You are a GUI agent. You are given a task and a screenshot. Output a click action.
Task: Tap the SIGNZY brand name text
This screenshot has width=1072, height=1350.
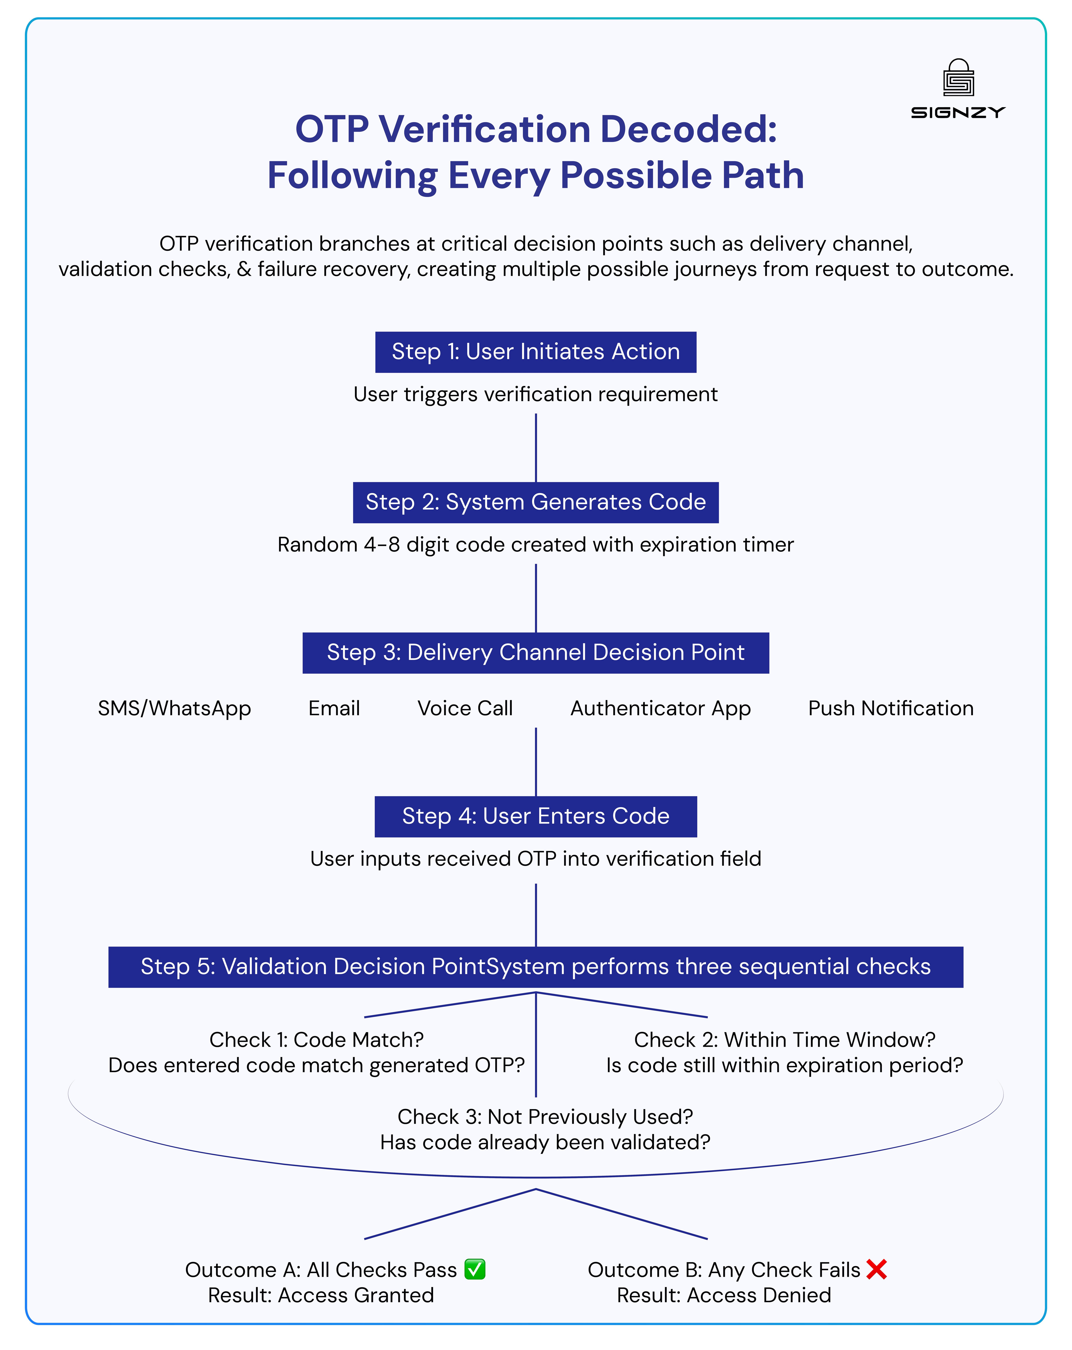coord(958,113)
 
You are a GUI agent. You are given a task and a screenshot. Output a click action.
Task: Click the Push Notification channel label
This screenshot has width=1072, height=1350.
coord(890,708)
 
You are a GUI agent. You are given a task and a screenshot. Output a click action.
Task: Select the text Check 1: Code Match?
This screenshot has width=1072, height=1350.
coord(316,1039)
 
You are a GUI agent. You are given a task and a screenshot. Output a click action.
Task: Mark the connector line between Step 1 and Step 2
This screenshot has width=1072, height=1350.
coord(536,448)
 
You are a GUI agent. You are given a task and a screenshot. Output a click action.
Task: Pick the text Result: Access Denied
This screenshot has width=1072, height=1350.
coord(724,1295)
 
